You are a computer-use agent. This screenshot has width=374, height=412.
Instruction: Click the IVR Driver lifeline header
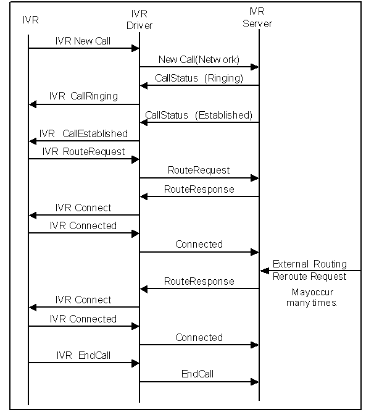tap(139, 20)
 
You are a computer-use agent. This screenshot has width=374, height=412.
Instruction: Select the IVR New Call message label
tap(83, 41)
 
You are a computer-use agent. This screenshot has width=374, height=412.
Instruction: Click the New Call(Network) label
tap(199, 60)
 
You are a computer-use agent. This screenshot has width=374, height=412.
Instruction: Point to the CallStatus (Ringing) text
tap(199, 78)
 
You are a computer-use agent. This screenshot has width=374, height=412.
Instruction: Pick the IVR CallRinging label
tap(83, 96)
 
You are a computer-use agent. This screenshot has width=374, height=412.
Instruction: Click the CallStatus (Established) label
tap(199, 115)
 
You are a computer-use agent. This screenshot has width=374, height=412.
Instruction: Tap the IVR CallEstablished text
tap(83, 133)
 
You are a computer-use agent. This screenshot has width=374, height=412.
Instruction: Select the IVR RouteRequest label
tap(83, 151)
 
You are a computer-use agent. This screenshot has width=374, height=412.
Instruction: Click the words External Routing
tap(309, 264)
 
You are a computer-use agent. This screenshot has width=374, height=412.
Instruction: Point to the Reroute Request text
tap(309, 276)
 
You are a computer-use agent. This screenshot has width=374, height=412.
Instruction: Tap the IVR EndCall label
tap(83, 356)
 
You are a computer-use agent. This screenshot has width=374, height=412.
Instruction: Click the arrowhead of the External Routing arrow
tap(264, 271)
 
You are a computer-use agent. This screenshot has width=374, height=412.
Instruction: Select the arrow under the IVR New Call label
tap(83, 48)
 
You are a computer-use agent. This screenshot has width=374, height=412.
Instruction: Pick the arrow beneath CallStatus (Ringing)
tap(199, 85)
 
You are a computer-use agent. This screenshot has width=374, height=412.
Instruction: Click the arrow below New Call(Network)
tap(199, 67)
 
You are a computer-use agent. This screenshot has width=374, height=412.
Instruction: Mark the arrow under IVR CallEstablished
tap(83, 141)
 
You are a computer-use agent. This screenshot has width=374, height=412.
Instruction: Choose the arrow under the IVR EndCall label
tap(83, 363)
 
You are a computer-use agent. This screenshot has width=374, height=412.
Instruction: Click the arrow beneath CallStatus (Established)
tap(199, 122)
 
